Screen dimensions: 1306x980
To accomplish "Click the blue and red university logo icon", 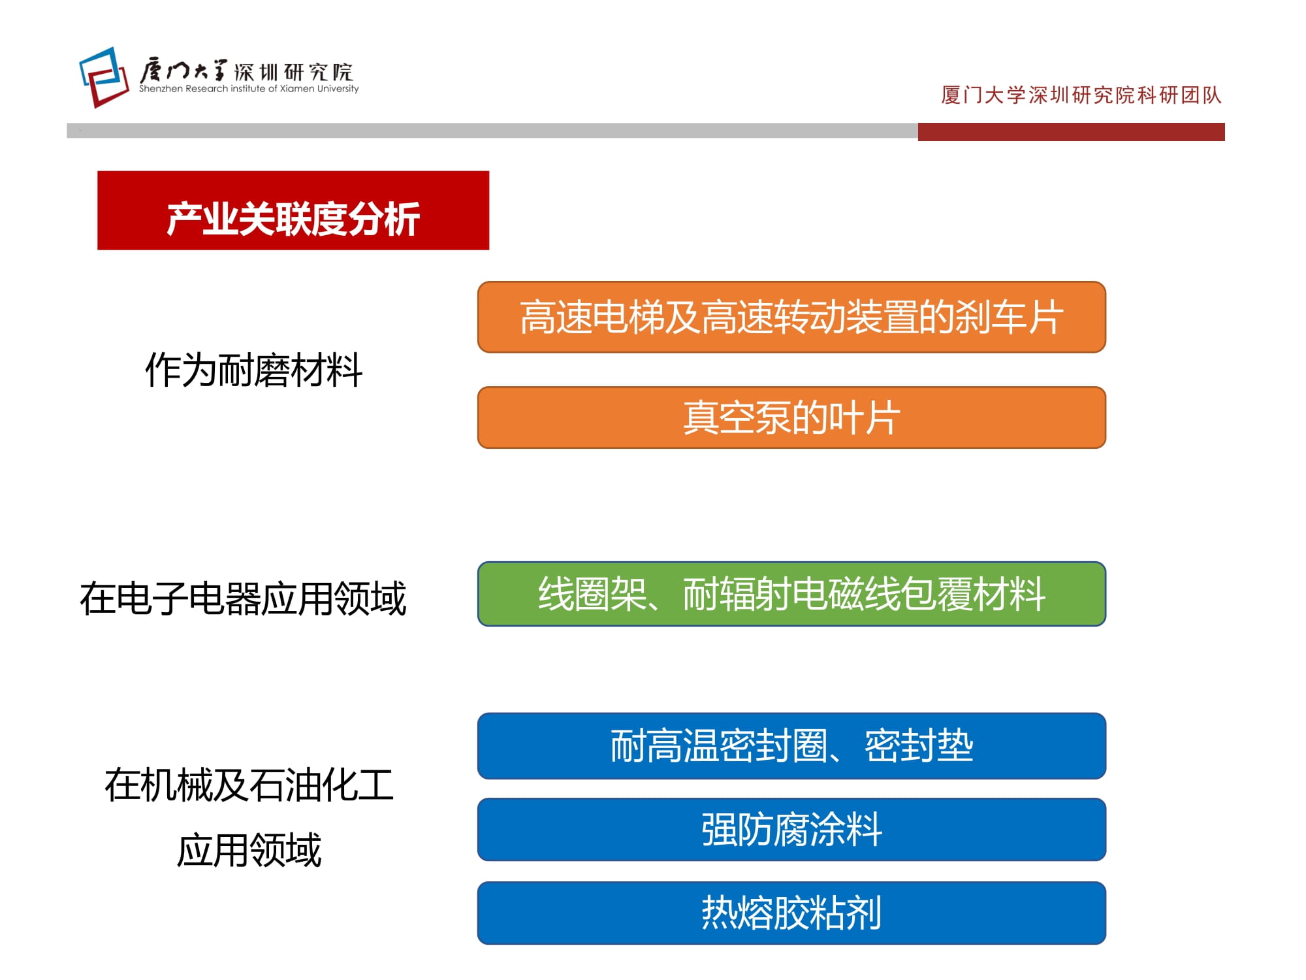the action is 104,77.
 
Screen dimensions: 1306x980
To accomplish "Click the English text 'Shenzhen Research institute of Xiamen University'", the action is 249,89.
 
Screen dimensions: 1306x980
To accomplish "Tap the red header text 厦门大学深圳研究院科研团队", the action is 1081,95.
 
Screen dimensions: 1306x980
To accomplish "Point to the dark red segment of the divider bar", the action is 1071,131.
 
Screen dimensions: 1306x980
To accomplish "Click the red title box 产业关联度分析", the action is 293,210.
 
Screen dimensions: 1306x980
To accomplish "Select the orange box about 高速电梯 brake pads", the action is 791,317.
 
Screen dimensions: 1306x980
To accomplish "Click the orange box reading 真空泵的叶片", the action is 791,417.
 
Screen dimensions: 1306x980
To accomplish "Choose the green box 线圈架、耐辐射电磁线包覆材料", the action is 791,594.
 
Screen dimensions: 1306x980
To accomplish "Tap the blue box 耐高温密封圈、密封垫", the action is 791,745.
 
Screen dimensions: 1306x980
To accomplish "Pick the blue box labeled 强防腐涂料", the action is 791,829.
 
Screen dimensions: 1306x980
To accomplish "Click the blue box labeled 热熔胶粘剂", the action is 791,913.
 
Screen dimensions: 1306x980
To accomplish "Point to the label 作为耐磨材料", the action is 253,370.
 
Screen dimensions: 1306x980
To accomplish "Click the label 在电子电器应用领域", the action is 243,598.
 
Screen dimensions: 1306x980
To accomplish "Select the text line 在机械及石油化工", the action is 249,785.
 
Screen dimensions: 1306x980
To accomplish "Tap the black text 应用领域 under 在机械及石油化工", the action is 249,850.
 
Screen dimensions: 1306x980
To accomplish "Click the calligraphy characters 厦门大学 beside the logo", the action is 183,71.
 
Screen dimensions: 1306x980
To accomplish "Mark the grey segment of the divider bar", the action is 492,131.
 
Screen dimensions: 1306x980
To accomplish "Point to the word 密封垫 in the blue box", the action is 919,745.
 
